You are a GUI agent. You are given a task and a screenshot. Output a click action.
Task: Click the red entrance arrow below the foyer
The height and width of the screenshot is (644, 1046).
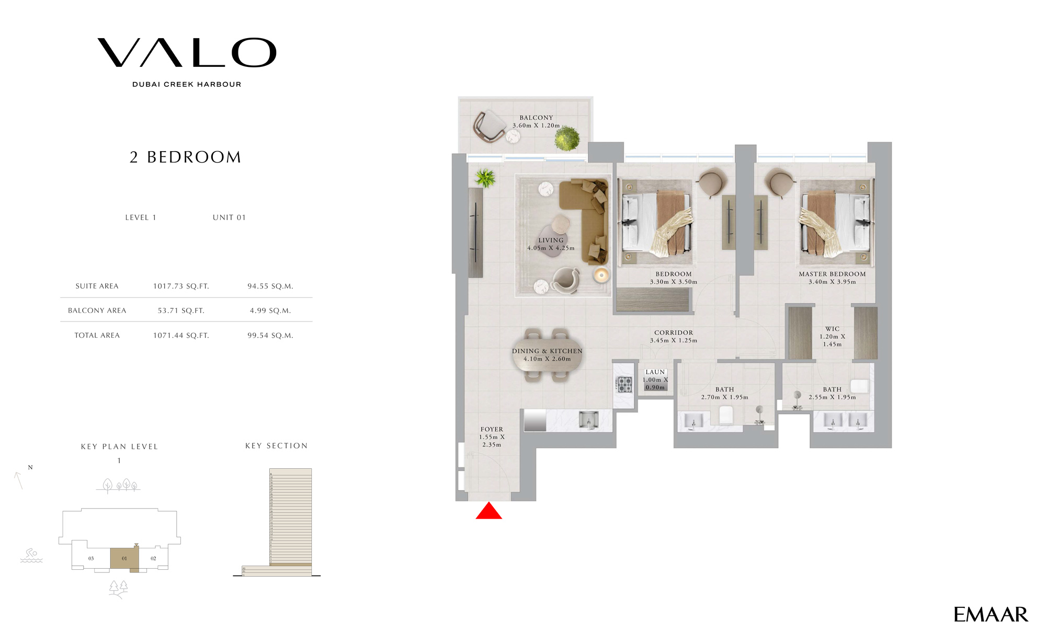(x=488, y=512)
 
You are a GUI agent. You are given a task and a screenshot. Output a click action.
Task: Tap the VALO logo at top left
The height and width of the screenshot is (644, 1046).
(x=187, y=53)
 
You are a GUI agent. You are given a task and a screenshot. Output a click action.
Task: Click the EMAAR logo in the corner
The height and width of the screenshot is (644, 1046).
(x=990, y=615)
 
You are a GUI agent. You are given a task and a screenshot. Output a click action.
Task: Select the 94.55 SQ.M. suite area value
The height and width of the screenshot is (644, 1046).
(x=270, y=286)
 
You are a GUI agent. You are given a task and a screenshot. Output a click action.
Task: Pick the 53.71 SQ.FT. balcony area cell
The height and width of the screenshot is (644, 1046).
(x=181, y=310)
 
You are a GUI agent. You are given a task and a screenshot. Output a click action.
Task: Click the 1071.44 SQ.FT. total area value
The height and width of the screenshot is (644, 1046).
(x=181, y=336)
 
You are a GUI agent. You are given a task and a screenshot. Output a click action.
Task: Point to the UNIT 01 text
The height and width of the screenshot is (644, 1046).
(x=229, y=217)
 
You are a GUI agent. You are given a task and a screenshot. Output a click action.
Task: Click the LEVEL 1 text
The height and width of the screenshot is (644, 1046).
(x=141, y=217)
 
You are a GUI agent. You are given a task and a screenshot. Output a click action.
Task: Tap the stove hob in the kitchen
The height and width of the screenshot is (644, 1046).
(x=624, y=384)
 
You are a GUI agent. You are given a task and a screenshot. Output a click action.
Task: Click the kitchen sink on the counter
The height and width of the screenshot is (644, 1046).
(x=588, y=420)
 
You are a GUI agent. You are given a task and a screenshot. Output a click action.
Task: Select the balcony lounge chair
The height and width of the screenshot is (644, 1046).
(x=488, y=126)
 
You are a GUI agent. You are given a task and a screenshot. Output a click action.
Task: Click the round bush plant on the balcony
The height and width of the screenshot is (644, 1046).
(x=567, y=138)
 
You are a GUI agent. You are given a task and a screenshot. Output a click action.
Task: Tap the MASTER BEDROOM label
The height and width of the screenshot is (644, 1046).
(x=832, y=274)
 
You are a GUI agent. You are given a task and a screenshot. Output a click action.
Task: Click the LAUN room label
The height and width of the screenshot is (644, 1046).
(x=655, y=372)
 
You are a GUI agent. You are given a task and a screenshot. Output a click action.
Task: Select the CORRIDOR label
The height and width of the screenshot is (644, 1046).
(x=674, y=332)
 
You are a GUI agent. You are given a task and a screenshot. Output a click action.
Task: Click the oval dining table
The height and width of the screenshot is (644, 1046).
(x=547, y=355)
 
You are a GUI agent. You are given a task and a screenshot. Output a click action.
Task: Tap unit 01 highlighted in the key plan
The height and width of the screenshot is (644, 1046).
(x=124, y=558)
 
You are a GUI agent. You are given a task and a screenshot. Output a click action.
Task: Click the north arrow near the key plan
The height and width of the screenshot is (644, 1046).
(x=19, y=480)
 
